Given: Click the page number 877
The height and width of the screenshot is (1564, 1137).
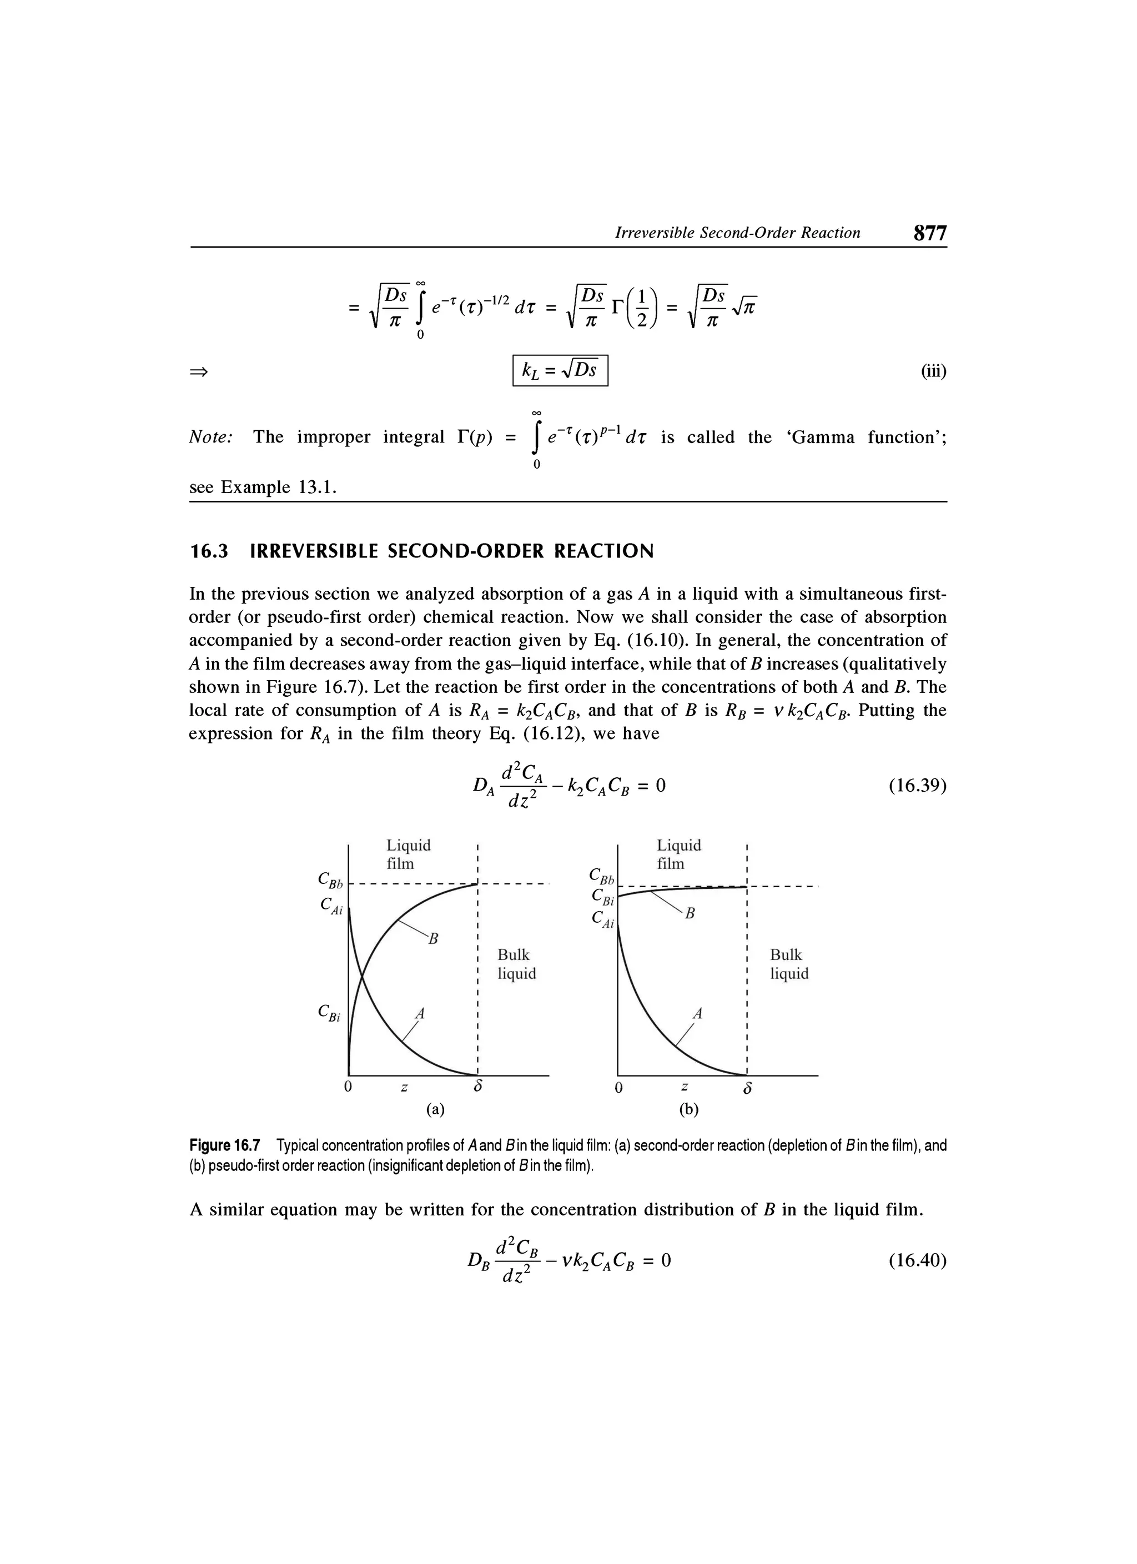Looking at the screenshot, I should point(929,233).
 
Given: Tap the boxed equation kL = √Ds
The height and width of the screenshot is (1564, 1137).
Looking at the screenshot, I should point(560,371).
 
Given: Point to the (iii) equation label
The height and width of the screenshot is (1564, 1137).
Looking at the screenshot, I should point(934,371).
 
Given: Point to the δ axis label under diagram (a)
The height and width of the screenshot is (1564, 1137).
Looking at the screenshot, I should point(476,1088).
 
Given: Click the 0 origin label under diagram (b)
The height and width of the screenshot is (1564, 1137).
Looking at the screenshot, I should point(618,1088).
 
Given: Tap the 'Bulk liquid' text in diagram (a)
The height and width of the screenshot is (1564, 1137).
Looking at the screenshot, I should point(516,963).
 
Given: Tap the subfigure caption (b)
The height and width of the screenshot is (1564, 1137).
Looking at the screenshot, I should point(687,1109).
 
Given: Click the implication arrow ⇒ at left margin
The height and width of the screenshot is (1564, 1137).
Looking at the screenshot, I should point(199,371).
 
